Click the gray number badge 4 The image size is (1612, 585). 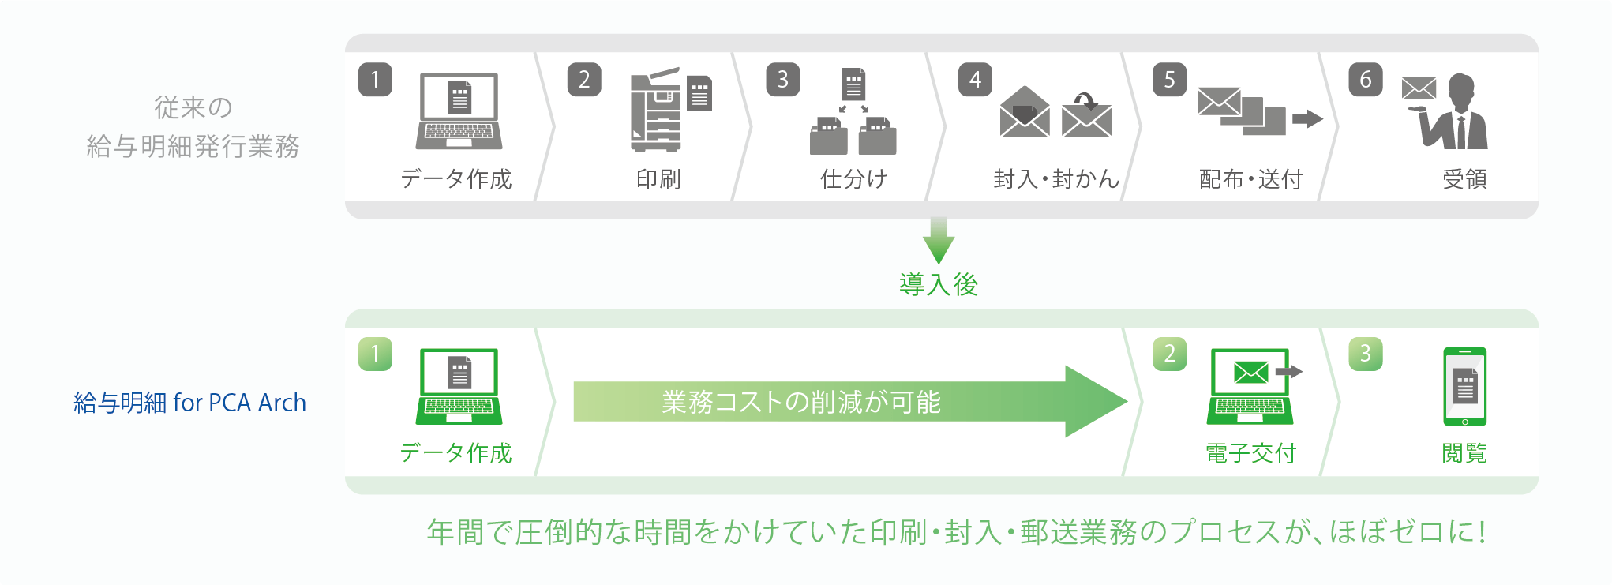point(975,80)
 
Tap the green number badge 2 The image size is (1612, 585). point(1169,354)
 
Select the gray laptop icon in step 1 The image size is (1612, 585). point(459,111)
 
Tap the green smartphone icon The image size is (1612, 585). point(1464,387)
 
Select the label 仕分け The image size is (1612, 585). point(853,179)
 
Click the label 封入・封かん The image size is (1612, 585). point(1055,179)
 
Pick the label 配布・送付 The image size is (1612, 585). point(1250,179)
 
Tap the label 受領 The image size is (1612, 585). point(1464,179)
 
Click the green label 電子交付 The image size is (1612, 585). point(1250,453)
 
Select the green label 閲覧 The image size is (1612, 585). point(1464,453)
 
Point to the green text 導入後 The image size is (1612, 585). point(939,284)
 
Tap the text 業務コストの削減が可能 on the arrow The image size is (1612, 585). point(800,402)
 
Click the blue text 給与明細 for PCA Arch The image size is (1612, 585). point(189,403)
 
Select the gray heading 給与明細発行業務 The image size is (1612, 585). point(193,146)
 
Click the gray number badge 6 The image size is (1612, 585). point(1365,80)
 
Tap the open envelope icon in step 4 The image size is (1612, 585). point(1024,112)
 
